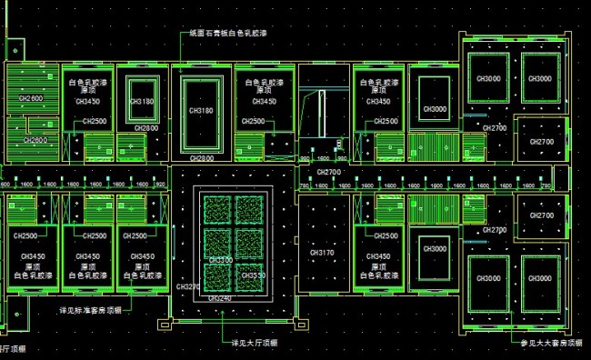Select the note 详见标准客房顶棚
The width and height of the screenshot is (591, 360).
[89, 311]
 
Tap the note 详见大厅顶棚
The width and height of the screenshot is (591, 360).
[255, 343]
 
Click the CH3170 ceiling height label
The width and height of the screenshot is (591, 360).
[322, 252]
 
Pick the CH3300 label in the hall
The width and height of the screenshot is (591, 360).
[221, 261]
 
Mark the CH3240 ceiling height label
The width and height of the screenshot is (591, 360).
[219, 297]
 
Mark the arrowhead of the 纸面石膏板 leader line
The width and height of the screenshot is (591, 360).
[180, 68]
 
